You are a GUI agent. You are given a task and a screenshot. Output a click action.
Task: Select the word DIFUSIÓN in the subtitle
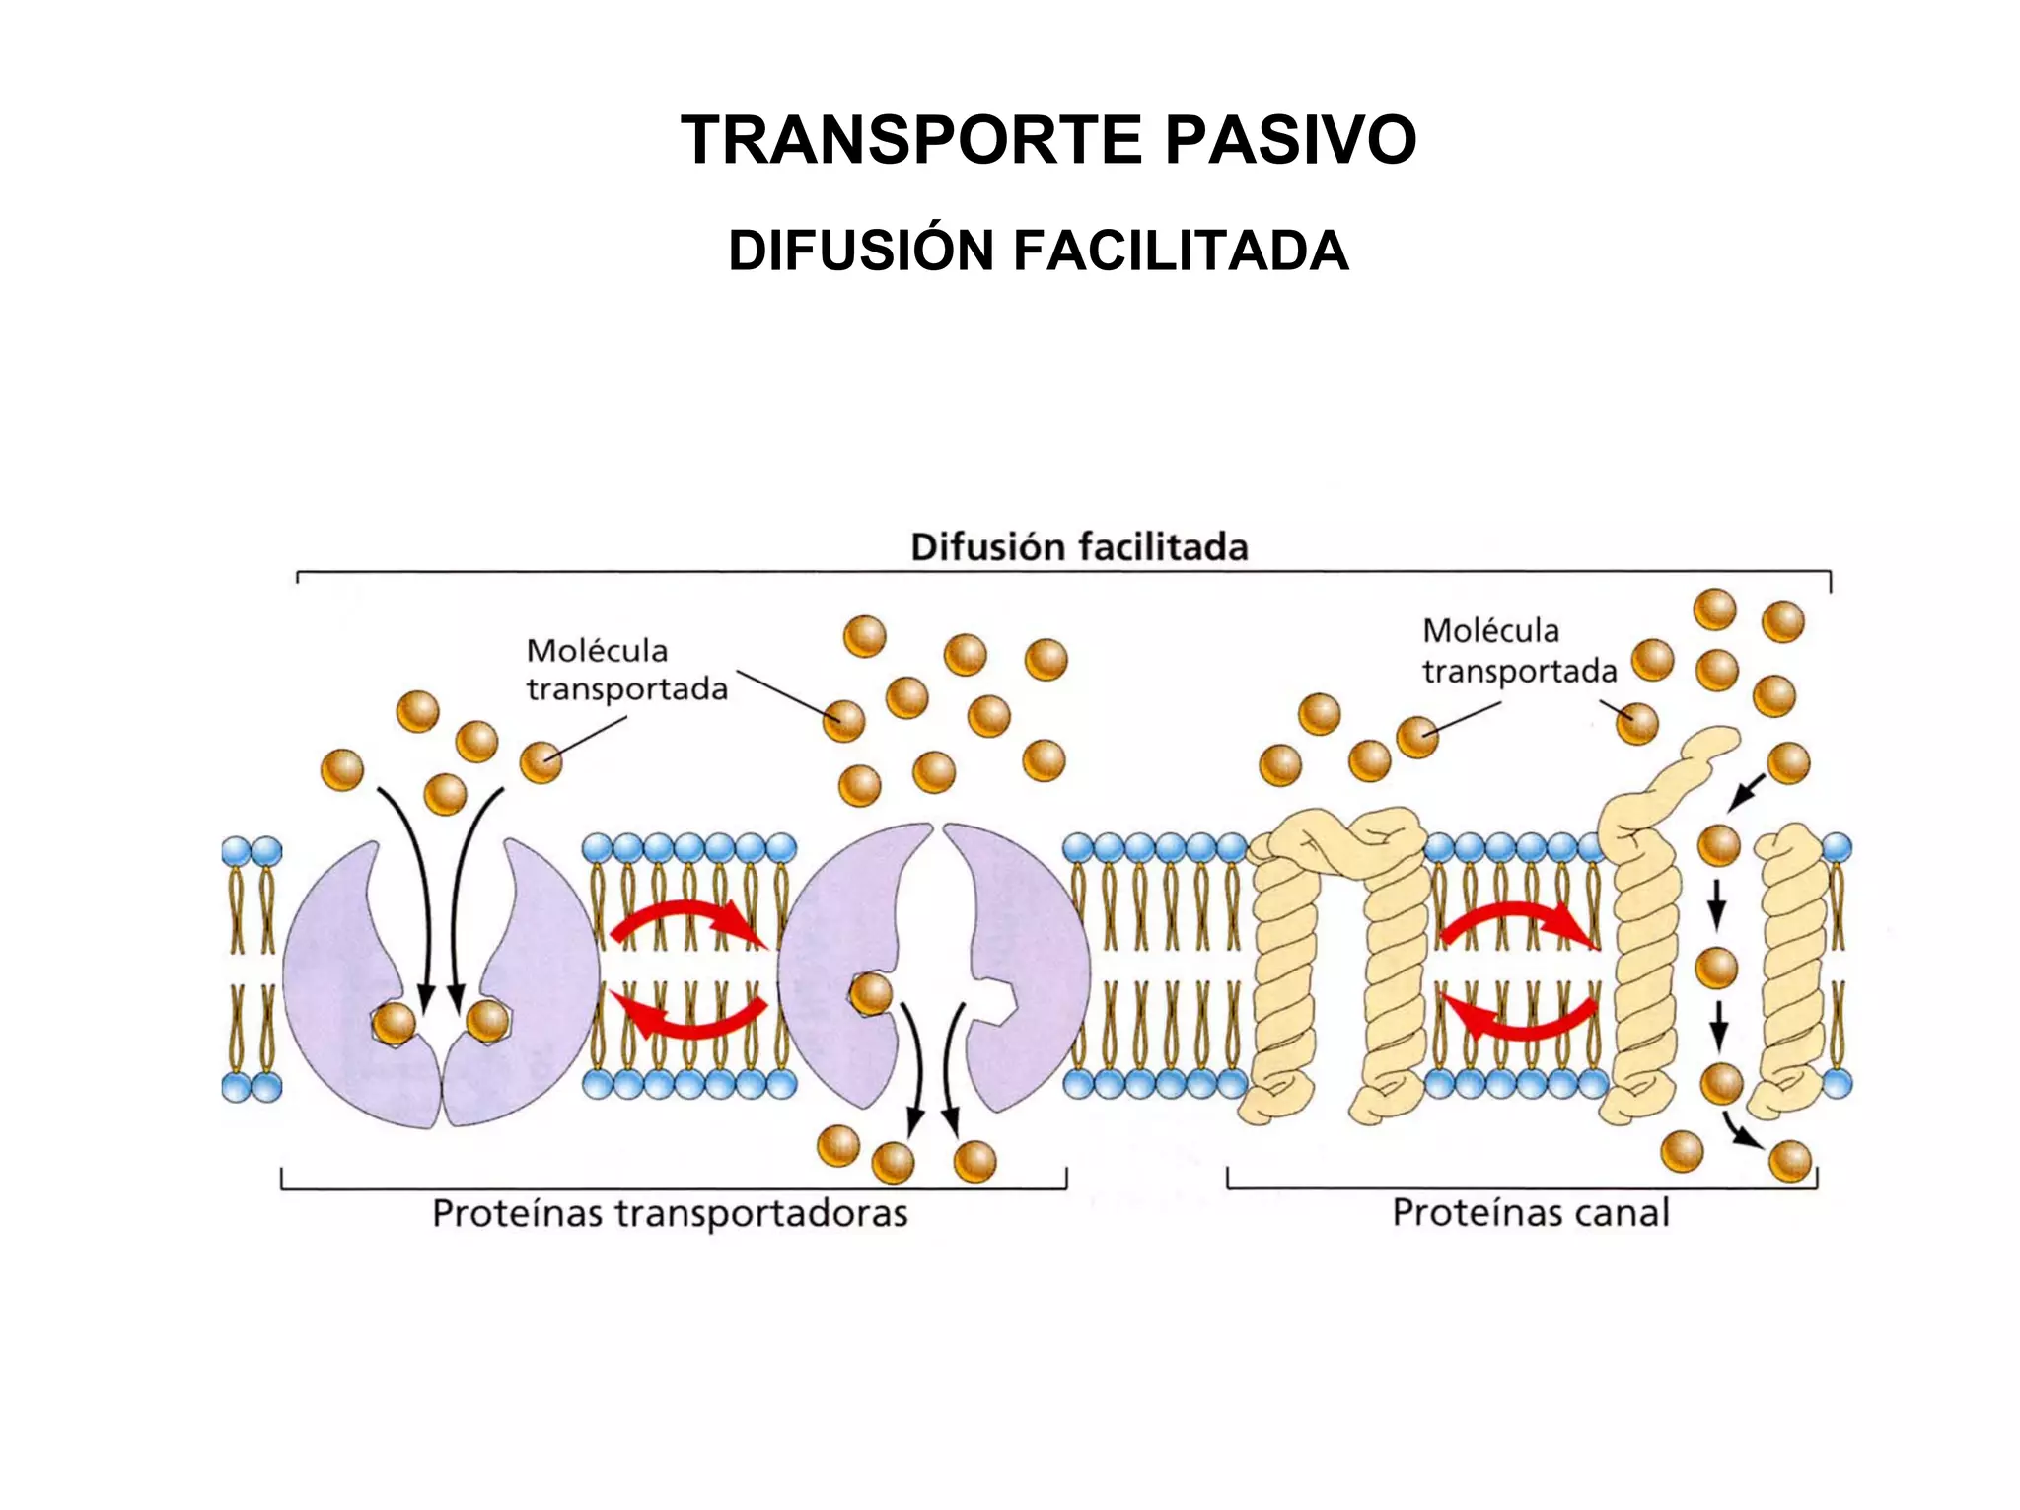860,251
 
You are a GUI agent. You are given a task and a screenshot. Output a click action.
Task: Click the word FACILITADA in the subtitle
1181,251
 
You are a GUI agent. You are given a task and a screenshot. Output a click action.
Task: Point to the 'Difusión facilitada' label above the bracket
1078,547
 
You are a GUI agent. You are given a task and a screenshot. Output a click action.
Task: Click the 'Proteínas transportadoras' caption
670,1213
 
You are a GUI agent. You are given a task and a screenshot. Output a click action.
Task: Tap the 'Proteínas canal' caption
1530,1212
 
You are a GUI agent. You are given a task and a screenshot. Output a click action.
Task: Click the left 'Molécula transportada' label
625,670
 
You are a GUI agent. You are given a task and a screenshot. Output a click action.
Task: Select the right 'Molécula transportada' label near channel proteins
1519,651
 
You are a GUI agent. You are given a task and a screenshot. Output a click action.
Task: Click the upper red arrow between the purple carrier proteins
687,921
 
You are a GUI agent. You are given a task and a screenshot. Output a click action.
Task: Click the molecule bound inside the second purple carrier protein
871,993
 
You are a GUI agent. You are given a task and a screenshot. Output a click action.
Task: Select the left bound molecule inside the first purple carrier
394,1024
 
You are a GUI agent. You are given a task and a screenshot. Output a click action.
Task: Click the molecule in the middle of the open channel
1716,968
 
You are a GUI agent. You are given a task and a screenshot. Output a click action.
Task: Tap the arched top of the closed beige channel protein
1338,836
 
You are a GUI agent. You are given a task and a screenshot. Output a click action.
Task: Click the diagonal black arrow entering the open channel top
1748,792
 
